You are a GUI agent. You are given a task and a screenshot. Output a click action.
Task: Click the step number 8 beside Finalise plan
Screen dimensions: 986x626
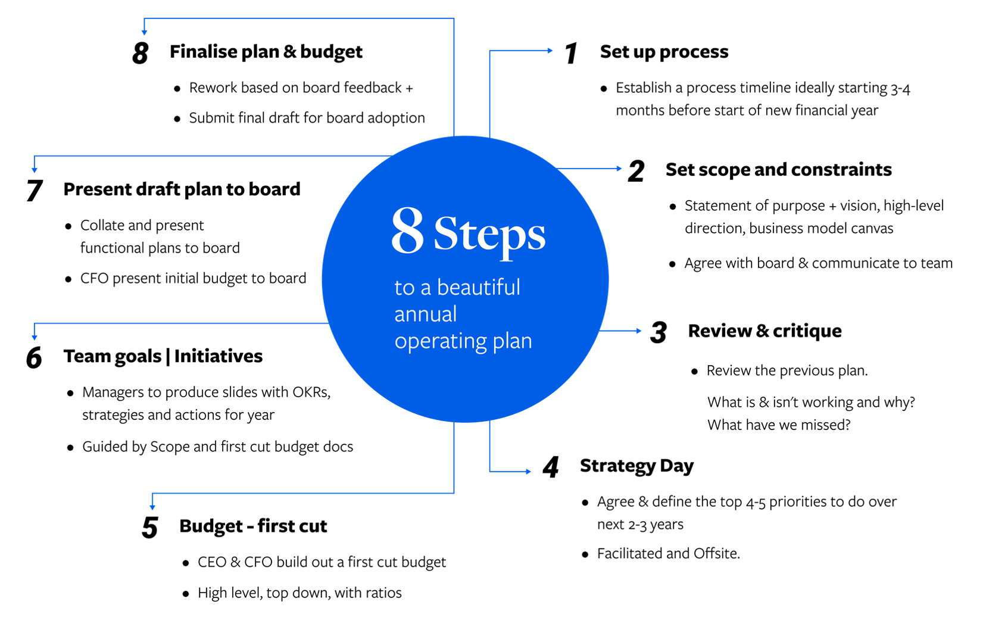(x=141, y=54)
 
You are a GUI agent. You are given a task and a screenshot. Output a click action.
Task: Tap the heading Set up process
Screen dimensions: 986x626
(x=664, y=52)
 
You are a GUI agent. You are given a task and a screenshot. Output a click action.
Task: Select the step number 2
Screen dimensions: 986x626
(x=636, y=171)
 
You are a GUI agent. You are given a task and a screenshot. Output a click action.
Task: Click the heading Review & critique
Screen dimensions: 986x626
(x=765, y=331)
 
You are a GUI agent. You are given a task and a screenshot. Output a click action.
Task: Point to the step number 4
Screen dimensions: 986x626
(x=551, y=467)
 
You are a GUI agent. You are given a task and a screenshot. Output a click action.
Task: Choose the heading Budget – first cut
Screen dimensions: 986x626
(x=253, y=525)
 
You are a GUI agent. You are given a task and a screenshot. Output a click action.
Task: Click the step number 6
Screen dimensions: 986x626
(x=34, y=357)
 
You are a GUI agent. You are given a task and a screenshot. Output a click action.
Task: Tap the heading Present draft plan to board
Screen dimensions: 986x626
(x=182, y=189)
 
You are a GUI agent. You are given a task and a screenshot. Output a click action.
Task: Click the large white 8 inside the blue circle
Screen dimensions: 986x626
(x=408, y=231)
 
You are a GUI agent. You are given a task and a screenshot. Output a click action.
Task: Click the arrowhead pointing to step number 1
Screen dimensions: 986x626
(x=550, y=51)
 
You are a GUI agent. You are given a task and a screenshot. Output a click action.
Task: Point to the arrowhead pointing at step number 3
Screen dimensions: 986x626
(x=639, y=331)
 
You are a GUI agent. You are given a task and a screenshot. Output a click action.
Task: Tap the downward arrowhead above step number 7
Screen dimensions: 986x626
(x=35, y=170)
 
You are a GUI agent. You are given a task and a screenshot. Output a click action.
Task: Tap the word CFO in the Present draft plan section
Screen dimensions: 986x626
(x=94, y=278)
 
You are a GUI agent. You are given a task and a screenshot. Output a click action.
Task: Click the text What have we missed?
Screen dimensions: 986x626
(x=779, y=425)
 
